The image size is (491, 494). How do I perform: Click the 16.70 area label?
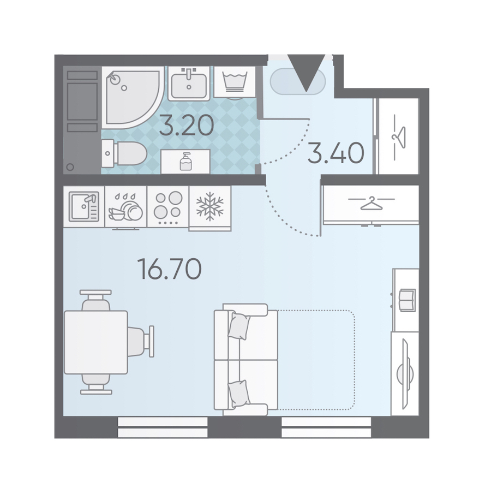[170, 269]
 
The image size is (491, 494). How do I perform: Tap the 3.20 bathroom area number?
[187, 125]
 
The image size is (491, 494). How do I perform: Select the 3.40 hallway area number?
[336, 153]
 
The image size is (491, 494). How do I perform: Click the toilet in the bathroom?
[124, 154]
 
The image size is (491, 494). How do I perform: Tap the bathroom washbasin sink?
[189, 83]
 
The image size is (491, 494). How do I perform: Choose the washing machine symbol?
[235, 82]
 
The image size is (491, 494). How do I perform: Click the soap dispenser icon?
[185, 162]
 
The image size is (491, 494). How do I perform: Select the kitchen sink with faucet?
[84, 206]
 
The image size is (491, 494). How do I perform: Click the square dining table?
[95, 342]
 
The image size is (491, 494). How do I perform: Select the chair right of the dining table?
[141, 342]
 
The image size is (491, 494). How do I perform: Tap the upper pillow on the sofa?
[239, 326]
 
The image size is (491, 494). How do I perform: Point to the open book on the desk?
[407, 300]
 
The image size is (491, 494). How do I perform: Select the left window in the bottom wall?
[163, 427]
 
